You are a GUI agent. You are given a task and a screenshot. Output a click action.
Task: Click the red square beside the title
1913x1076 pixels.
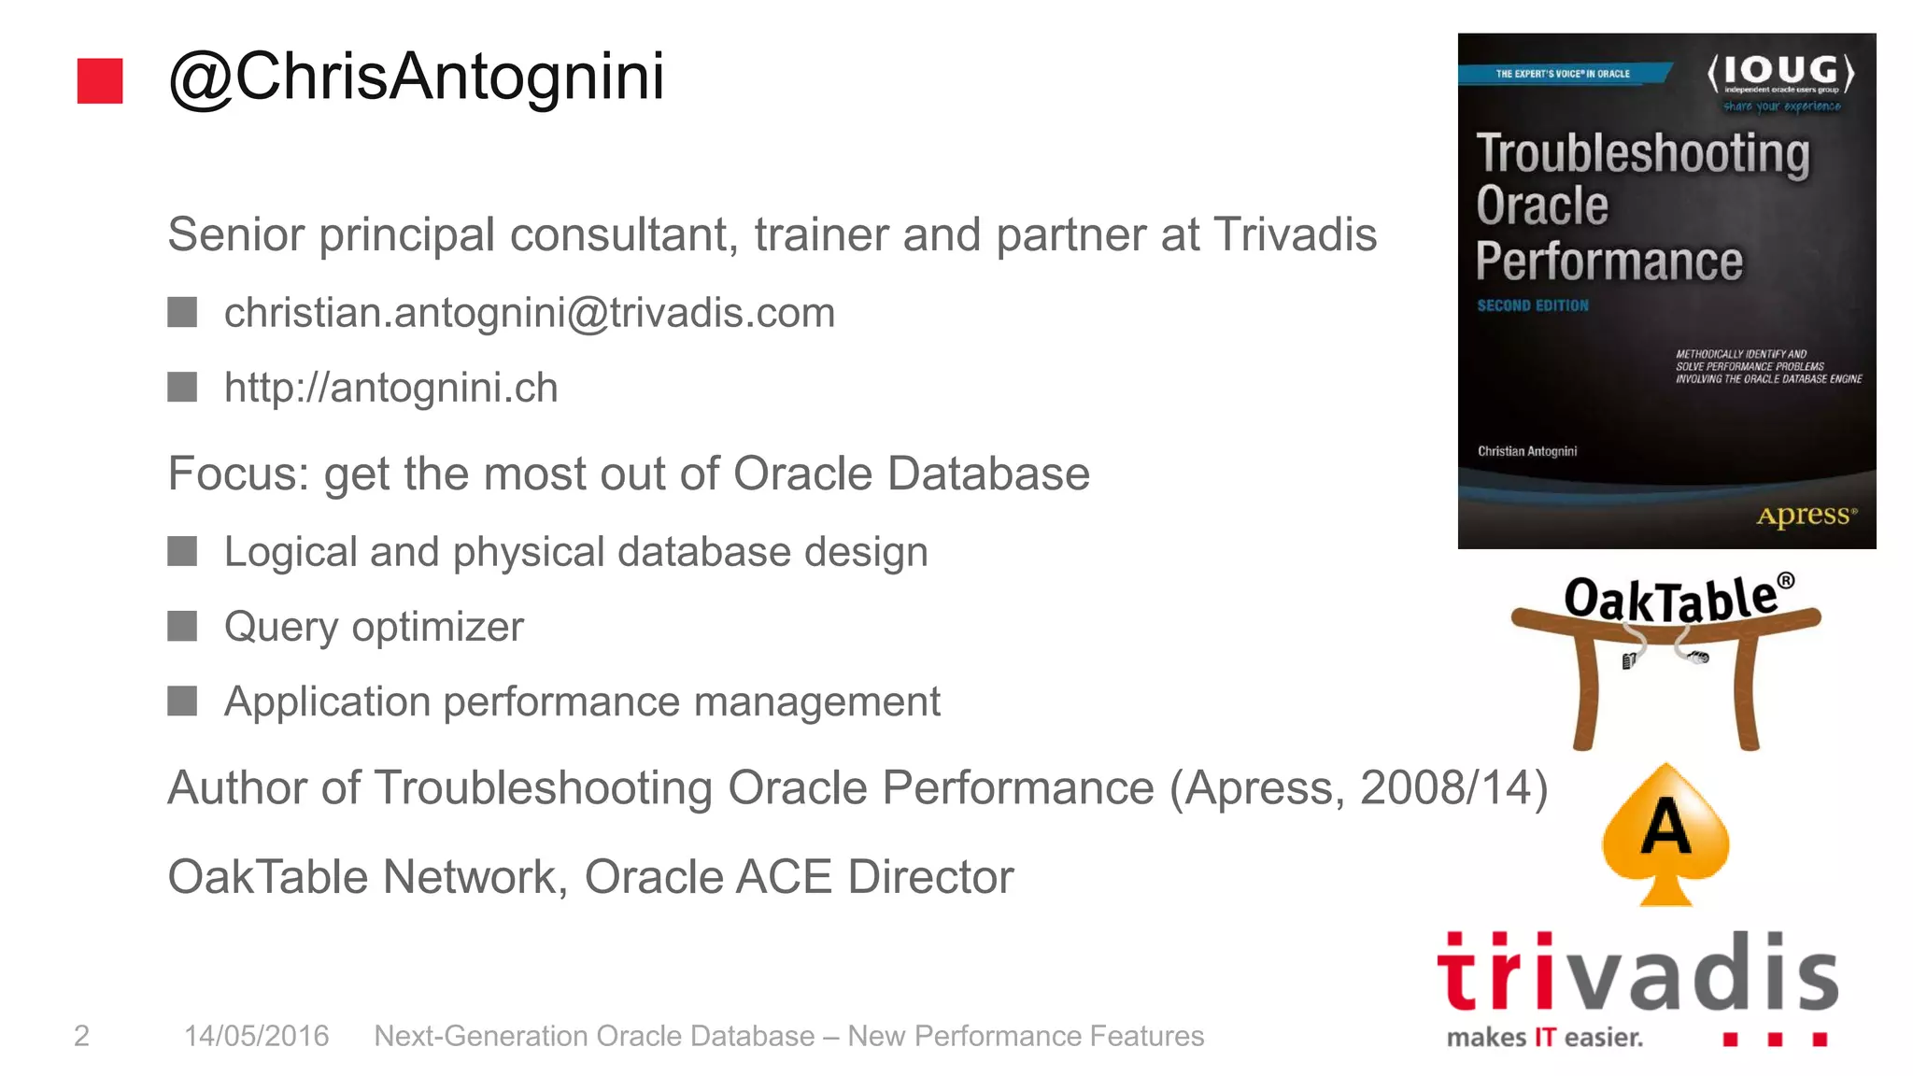click(100, 80)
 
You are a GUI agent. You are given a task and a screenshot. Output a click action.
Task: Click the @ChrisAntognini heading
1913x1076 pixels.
click(417, 77)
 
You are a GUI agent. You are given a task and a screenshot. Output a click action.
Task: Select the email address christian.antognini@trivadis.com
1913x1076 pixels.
click(529, 313)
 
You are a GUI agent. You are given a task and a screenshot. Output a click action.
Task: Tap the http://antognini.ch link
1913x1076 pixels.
click(390, 388)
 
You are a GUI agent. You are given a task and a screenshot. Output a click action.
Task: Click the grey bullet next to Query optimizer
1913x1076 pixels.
click(182, 626)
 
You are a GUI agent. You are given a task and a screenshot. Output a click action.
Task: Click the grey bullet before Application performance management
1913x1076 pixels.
click(182, 701)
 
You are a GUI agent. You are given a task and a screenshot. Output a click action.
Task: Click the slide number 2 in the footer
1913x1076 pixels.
click(81, 1036)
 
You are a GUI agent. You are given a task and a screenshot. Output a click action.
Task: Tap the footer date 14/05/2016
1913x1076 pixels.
click(256, 1036)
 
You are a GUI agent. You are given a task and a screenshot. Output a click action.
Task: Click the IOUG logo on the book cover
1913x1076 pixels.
click(1780, 75)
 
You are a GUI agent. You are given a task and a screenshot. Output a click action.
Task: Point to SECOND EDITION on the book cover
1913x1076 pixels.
click(1532, 305)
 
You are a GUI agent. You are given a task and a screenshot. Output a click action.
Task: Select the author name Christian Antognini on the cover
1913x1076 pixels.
click(1526, 451)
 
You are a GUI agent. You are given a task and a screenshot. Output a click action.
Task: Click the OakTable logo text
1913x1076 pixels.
click(1672, 598)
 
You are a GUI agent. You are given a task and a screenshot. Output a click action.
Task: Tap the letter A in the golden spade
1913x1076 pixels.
click(1665, 828)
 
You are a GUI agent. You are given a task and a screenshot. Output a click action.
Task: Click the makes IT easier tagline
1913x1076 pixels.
click(1544, 1038)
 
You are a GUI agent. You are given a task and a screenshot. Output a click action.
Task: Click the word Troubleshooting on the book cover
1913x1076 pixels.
click(1642, 154)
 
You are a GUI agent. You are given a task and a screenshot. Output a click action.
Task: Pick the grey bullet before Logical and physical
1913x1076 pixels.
click(182, 551)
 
